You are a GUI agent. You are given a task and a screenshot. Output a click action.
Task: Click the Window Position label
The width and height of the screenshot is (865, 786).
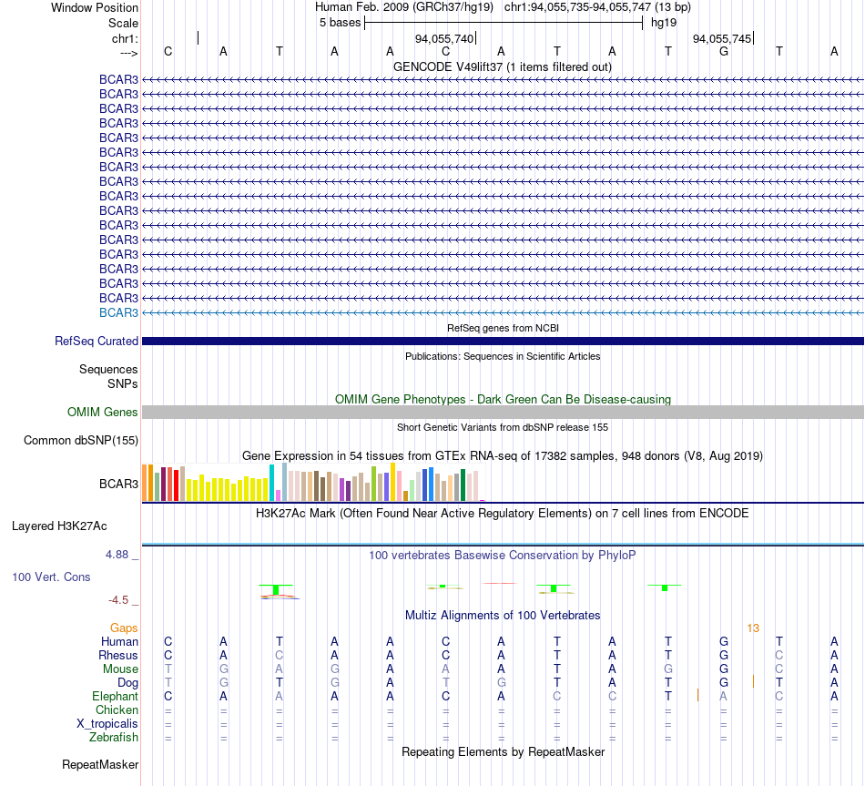[95, 7]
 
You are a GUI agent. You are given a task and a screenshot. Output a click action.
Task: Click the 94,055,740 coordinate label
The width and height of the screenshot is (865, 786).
[444, 38]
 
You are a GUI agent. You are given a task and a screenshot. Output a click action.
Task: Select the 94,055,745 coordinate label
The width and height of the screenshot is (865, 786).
[722, 38]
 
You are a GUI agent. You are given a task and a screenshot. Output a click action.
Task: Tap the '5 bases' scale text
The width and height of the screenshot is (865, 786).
[340, 23]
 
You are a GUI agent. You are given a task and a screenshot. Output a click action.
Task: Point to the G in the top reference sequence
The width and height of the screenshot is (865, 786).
[724, 51]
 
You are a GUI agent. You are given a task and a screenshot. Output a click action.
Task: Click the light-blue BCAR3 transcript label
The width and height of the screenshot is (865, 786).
[118, 312]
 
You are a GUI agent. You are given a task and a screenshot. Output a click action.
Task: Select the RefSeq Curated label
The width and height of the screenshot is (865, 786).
[97, 342]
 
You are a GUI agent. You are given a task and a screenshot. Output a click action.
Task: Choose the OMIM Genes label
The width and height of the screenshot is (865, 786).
[103, 412]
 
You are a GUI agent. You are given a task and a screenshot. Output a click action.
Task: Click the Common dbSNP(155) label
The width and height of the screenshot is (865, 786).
[81, 441]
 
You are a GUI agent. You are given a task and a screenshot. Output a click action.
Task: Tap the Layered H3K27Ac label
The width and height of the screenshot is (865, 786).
[59, 526]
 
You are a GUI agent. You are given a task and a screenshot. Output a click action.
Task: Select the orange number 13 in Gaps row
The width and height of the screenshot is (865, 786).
[753, 628]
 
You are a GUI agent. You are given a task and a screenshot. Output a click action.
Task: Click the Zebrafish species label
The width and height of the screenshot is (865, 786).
[114, 738]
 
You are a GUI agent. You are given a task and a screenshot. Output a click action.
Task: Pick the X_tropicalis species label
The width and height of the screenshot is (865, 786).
[107, 724]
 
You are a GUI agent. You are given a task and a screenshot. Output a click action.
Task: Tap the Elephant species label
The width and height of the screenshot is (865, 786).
[116, 697]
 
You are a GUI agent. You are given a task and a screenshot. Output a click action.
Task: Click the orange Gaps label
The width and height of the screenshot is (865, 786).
[124, 628]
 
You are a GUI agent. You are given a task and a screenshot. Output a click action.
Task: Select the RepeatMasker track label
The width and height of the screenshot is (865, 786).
[100, 764]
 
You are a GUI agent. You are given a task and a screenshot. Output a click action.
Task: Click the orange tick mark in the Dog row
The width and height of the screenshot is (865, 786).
[753, 681]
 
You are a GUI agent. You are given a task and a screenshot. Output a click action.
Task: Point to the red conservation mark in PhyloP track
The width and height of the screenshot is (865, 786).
[500, 583]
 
